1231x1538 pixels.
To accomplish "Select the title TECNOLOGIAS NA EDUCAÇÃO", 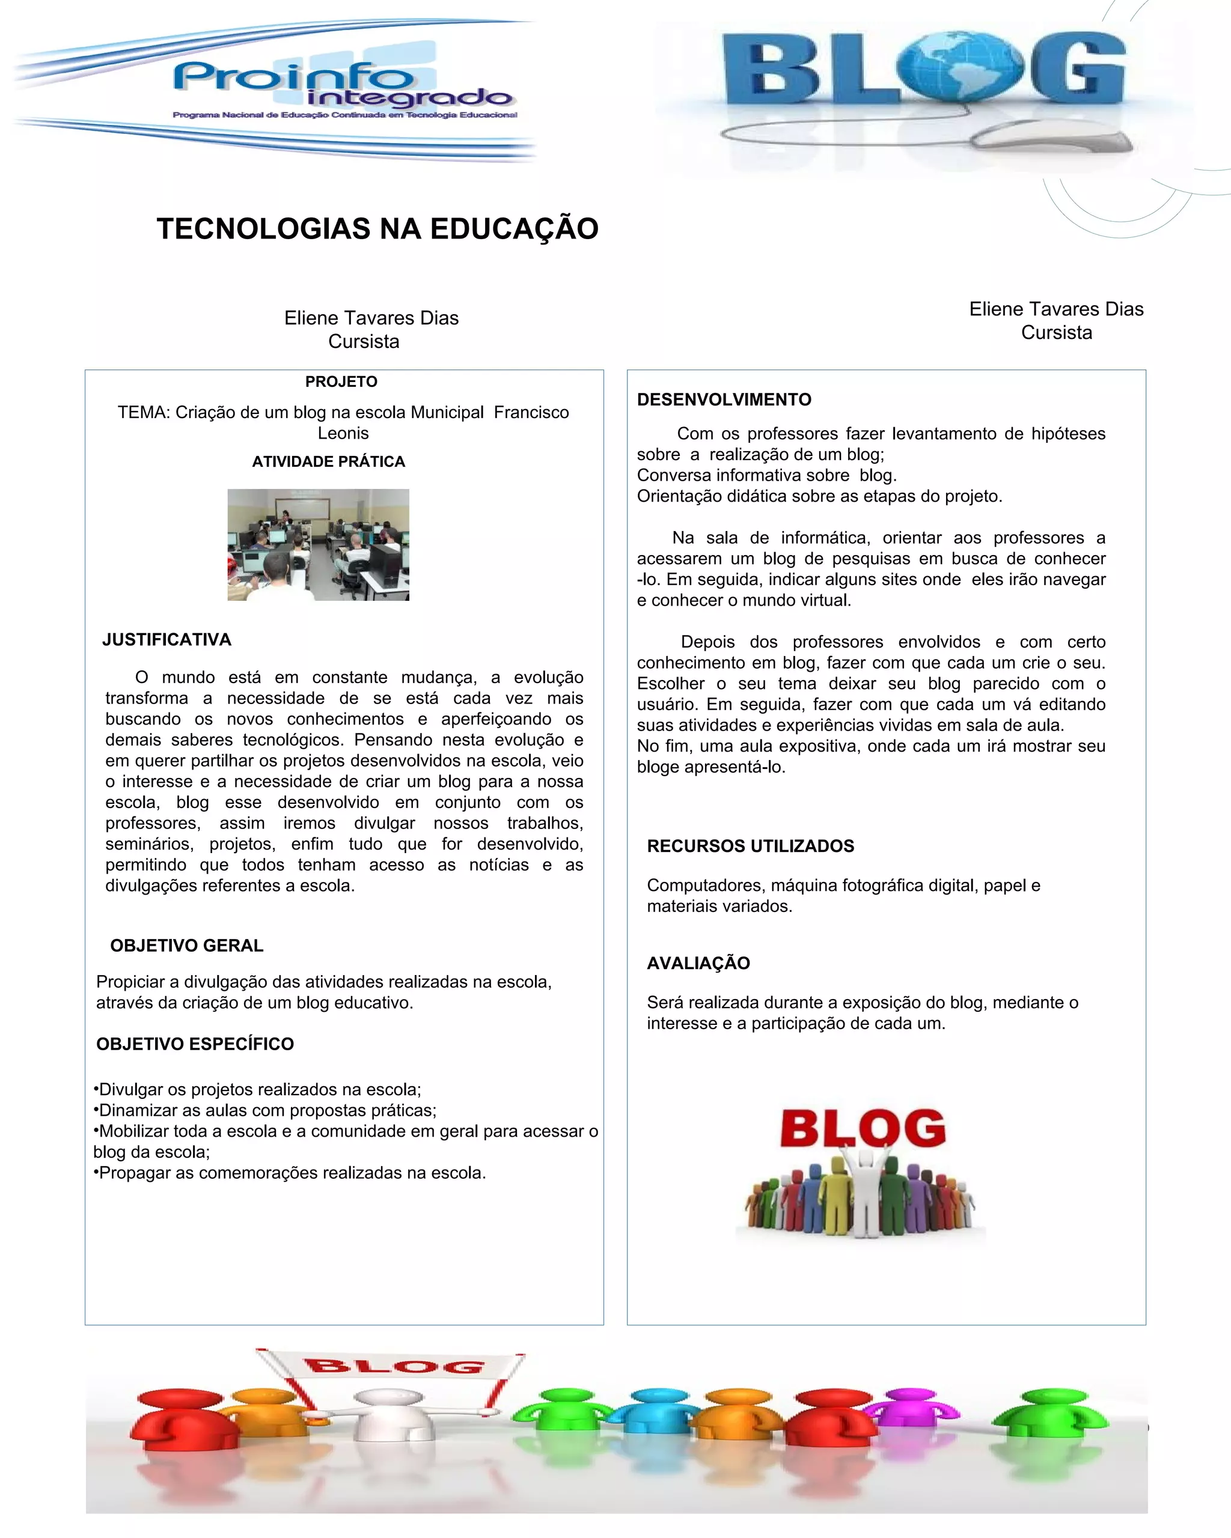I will pos(377,229).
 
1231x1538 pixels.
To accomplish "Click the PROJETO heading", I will pos(341,381).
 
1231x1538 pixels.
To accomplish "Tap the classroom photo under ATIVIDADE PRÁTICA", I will pos(319,544).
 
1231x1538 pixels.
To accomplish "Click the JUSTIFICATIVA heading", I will pos(167,639).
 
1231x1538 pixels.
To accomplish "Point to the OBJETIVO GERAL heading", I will pos(187,945).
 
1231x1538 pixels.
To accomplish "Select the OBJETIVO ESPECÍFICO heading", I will pos(195,1044).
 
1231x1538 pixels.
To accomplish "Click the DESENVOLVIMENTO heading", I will pos(724,400).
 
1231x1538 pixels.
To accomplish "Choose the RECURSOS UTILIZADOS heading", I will pos(750,846).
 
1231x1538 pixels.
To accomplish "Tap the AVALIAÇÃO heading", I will pos(698,963).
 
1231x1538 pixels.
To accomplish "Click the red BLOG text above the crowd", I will pos(863,1128).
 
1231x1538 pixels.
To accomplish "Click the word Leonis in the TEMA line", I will pos(343,433).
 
